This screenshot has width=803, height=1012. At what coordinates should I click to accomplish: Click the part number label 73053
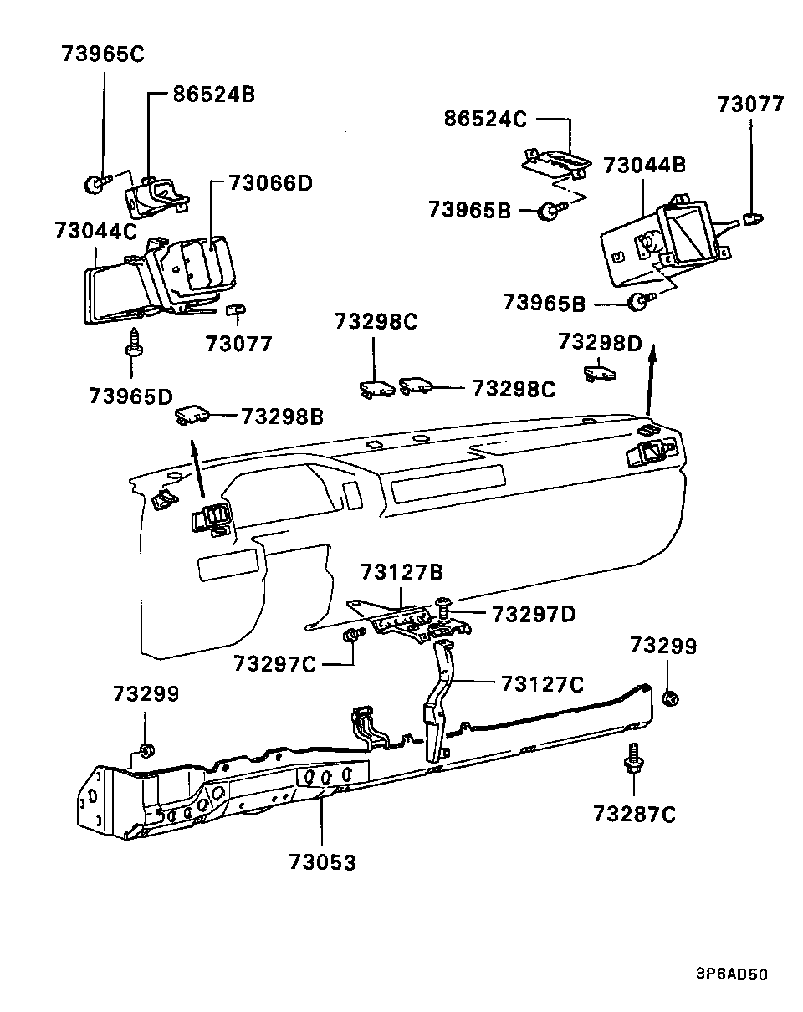coord(322,862)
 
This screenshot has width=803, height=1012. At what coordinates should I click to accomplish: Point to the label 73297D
coord(534,614)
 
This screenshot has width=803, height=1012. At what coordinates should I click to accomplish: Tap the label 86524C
coord(485,119)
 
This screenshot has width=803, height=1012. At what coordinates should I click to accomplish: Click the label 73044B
coord(644,165)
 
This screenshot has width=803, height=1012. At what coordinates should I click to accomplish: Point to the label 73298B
coord(282,416)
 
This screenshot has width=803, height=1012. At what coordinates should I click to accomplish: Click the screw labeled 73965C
coord(95,183)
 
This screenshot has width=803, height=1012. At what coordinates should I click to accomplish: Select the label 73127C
coord(542,683)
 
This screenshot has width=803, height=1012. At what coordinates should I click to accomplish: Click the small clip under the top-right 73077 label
coord(751,220)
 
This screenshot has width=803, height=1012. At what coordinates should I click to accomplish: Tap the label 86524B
coord(213,94)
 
